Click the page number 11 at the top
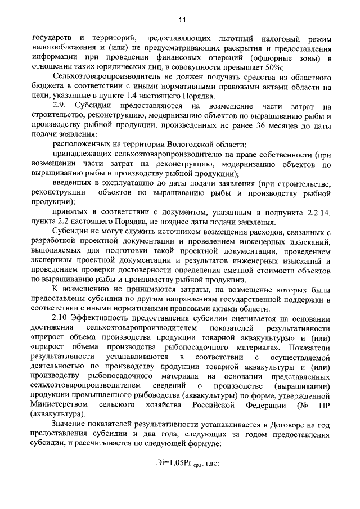coord(182,21)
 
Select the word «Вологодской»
coord(164,144)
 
